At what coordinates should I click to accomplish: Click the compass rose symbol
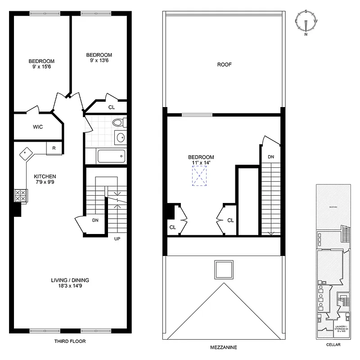(x=306, y=22)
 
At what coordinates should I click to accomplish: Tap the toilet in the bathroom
(x=118, y=122)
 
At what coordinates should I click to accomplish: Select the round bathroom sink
(x=120, y=137)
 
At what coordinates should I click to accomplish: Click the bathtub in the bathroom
(x=111, y=157)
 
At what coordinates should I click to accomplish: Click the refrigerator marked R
(x=54, y=148)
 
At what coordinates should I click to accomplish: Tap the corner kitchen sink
(x=26, y=153)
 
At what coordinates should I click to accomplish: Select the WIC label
(x=38, y=127)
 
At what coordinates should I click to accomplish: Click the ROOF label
(x=224, y=64)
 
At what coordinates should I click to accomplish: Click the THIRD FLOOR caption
(x=70, y=342)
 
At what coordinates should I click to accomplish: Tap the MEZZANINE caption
(x=224, y=347)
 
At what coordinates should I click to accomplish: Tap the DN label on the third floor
(x=95, y=221)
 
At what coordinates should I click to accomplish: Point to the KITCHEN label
(x=45, y=176)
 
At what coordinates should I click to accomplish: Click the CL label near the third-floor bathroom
(x=111, y=107)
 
